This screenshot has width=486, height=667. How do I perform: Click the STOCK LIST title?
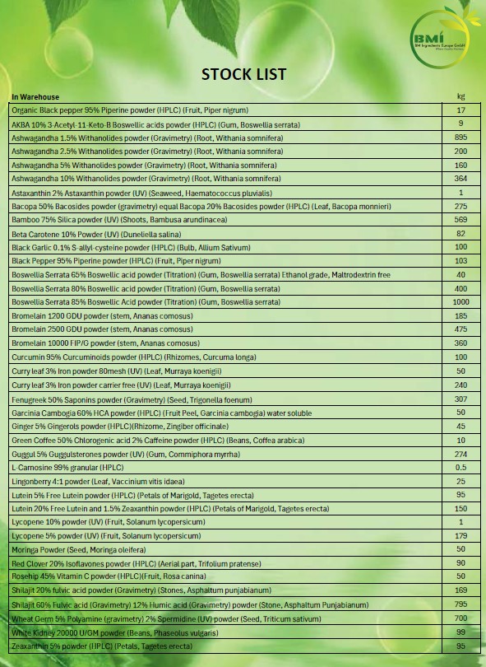click(x=244, y=74)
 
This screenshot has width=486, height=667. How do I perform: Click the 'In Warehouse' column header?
click(x=35, y=97)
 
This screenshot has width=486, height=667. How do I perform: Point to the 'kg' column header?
click(x=461, y=97)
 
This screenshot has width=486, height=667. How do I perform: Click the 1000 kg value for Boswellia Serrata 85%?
click(x=461, y=302)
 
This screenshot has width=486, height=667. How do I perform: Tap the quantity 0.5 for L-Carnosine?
click(x=461, y=467)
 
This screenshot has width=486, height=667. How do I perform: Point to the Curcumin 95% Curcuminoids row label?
click(x=112, y=357)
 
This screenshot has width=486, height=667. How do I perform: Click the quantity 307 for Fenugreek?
click(x=461, y=399)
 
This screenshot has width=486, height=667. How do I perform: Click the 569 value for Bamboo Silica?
click(x=461, y=220)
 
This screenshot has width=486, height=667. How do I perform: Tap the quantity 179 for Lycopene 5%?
click(x=461, y=536)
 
